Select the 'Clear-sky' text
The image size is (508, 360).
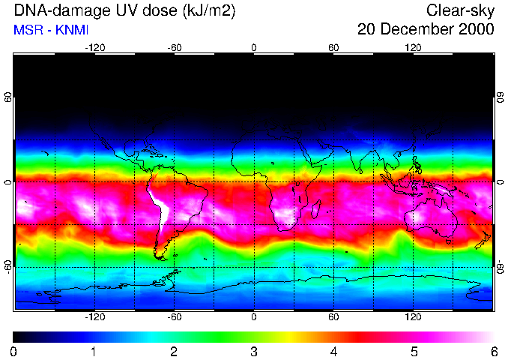pyautogui.click(x=460, y=10)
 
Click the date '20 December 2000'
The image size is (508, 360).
pyautogui.click(x=426, y=30)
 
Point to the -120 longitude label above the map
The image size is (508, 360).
pyautogui.click(x=94, y=47)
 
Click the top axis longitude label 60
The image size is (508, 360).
pyautogui.click(x=333, y=47)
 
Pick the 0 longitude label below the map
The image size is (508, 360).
pyautogui.click(x=254, y=317)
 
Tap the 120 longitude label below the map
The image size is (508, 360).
pyautogui.click(x=413, y=317)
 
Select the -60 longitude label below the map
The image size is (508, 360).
pyautogui.click(x=175, y=317)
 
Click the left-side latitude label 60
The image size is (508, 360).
pyautogui.click(x=8, y=99)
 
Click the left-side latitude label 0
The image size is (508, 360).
pyautogui.click(x=8, y=182)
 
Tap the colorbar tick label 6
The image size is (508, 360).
pyautogui.click(x=494, y=352)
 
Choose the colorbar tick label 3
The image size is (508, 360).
pyautogui.click(x=254, y=352)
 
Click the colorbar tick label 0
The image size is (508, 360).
pyautogui.click(x=14, y=352)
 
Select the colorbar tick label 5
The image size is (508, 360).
pyautogui.click(x=414, y=352)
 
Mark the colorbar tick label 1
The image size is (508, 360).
pyautogui.click(x=94, y=352)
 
